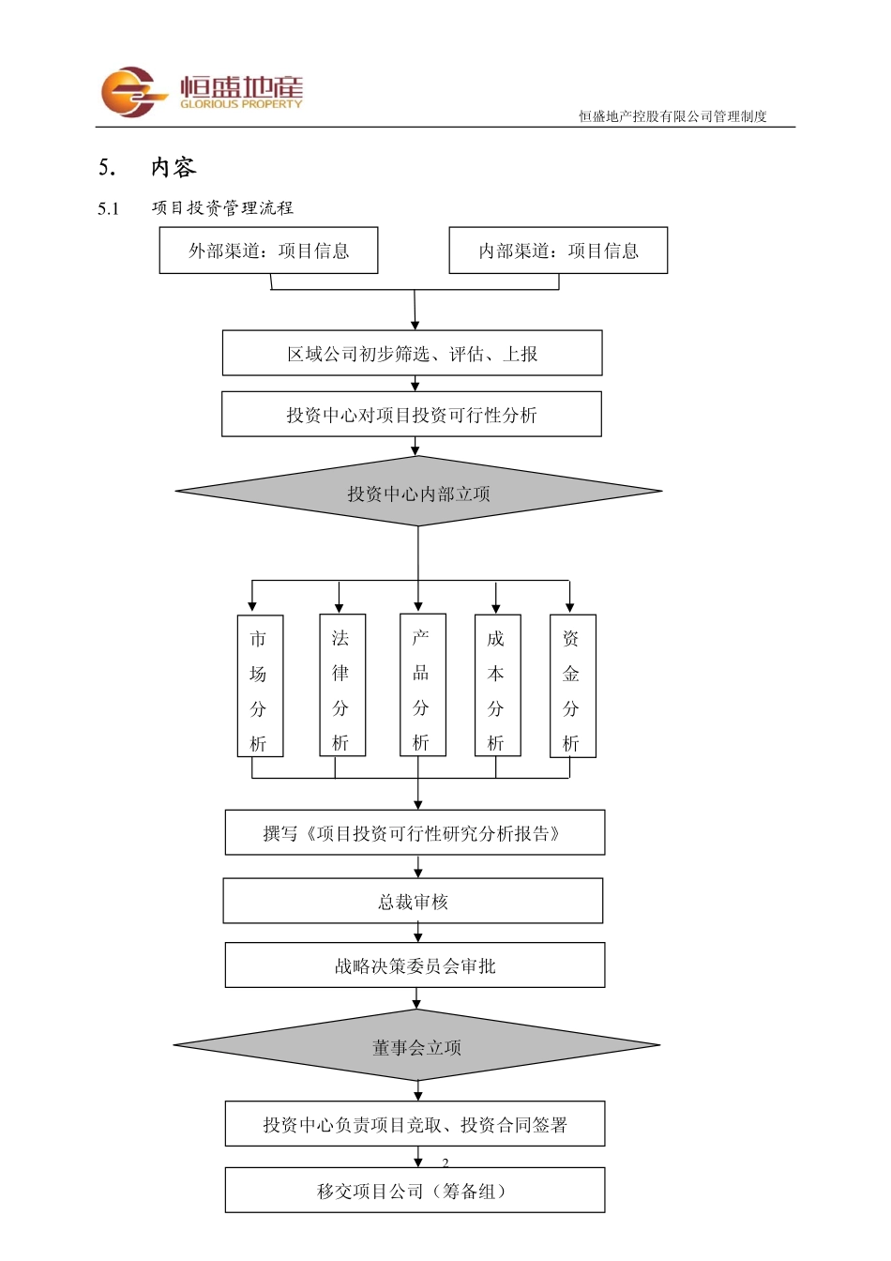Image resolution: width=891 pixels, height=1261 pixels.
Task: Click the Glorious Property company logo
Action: click(202, 92)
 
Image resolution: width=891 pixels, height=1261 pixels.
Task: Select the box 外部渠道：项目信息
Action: click(268, 251)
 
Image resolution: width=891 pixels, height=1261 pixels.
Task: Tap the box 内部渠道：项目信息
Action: click(558, 251)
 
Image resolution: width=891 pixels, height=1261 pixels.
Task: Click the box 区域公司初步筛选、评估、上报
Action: click(412, 354)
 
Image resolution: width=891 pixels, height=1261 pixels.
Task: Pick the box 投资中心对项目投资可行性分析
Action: click(411, 415)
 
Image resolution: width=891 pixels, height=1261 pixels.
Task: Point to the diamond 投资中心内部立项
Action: click(418, 493)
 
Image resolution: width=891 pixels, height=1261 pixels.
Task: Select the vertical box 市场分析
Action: click(259, 686)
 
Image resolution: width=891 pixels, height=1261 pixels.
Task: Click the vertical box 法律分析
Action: click(341, 686)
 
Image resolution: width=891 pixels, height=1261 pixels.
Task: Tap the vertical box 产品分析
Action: click(422, 686)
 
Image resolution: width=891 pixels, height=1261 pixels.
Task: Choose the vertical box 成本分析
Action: click(497, 686)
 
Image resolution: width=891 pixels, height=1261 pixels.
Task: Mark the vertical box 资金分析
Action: click(572, 686)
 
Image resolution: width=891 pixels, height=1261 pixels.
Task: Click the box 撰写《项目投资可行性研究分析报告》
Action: click(415, 833)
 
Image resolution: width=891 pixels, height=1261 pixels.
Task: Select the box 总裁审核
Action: click(413, 902)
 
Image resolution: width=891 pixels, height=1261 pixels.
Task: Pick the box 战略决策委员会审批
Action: click(415, 965)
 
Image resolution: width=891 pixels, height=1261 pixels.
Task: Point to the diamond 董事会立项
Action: click(417, 1046)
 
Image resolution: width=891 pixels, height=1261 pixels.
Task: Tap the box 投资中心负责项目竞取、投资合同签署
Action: click(415, 1124)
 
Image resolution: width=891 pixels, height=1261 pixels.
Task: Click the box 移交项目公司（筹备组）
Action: click(415, 1191)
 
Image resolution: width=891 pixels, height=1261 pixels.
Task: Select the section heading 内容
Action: click(174, 167)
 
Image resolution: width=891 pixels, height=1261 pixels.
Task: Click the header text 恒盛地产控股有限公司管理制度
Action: click(672, 116)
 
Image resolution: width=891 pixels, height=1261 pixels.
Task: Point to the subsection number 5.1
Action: click(109, 208)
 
